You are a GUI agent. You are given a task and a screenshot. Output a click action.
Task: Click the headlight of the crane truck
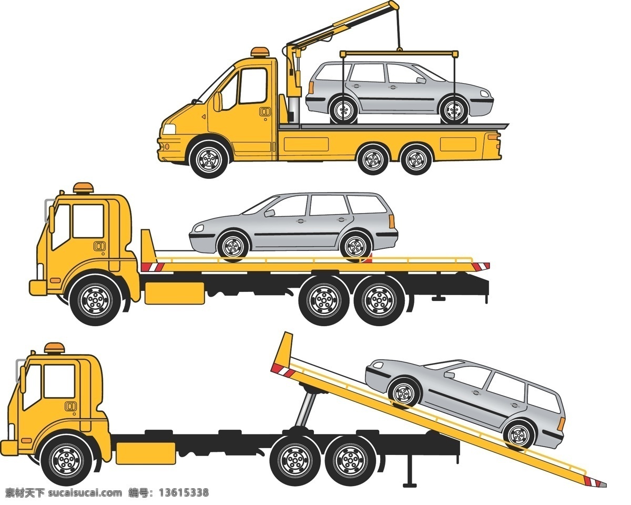point(169,129)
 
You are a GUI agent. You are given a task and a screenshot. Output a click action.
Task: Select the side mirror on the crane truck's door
point(217,102)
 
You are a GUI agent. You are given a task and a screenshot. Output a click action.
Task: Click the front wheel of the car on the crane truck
point(454,110)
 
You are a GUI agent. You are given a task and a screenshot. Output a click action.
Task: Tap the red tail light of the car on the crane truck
point(311,88)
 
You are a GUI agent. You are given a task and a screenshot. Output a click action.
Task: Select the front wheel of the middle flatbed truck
point(96,300)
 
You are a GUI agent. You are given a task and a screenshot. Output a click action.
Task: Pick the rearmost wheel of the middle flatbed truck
point(379,300)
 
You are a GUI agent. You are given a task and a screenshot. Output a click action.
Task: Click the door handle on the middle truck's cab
point(99,246)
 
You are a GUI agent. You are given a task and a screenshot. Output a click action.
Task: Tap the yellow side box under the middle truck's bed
point(175,293)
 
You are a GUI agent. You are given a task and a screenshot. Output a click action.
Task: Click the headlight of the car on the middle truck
point(199,228)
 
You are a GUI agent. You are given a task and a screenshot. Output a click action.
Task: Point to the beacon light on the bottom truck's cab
point(55,348)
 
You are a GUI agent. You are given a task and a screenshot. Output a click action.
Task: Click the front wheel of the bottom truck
point(66,460)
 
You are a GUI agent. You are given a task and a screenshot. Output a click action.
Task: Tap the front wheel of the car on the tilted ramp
point(404,392)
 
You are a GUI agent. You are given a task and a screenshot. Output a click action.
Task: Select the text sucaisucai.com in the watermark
point(85,492)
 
